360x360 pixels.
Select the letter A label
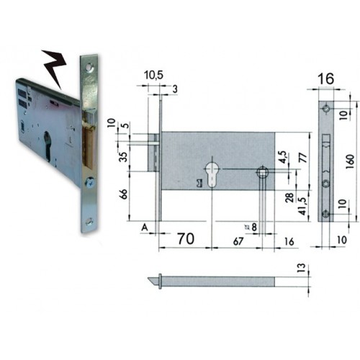pyautogui.click(x=145, y=228)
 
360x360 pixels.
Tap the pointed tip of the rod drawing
pyautogui.click(x=156, y=282)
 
